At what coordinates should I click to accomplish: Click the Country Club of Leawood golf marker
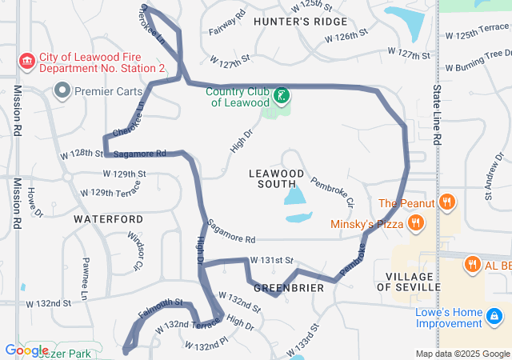pyautogui.click(x=281, y=96)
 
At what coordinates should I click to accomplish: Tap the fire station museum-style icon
pyautogui.click(x=26, y=62)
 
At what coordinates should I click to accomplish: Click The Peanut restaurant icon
pyautogui.click(x=447, y=203)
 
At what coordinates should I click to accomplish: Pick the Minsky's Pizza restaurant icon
pyautogui.click(x=415, y=223)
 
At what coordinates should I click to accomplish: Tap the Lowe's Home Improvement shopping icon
pyautogui.click(x=497, y=318)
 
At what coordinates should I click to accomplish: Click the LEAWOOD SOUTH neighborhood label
pyautogui.click(x=276, y=178)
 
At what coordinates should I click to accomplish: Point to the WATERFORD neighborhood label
pyautogui.click(x=109, y=218)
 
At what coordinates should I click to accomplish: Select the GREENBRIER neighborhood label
pyautogui.click(x=288, y=287)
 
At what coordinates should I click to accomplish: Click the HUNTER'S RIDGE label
pyautogui.click(x=300, y=22)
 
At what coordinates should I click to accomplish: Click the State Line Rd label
pyautogui.click(x=437, y=116)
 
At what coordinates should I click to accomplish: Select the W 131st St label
pyautogui.click(x=272, y=261)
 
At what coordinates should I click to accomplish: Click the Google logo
pyautogui.click(x=26, y=350)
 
